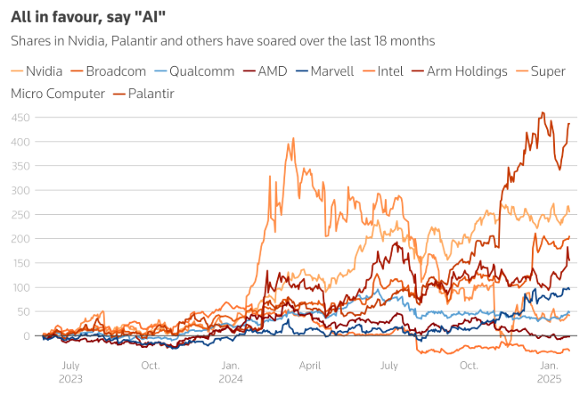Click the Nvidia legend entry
point(37,70)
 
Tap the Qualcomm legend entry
point(200,70)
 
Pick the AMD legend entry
point(271,70)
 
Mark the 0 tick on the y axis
point(27,335)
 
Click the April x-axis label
point(309,366)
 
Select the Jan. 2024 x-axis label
point(230,372)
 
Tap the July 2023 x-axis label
point(69,372)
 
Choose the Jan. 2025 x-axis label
point(550,372)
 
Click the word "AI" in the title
point(155,15)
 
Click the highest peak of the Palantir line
point(543,113)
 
